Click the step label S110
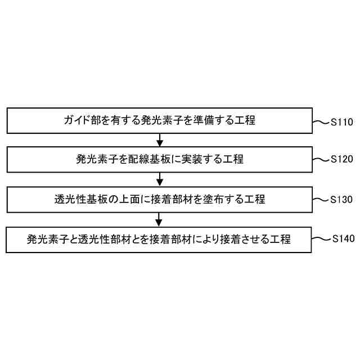[x=342, y=121]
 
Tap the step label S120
[x=342, y=160]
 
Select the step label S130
[x=342, y=199]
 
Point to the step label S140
[x=342, y=238]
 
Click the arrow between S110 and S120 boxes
[x=160, y=139]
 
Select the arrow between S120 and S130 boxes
[x=160, y=178]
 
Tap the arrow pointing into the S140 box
[x=160, y=218]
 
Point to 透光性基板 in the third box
[x=79, y=199]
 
